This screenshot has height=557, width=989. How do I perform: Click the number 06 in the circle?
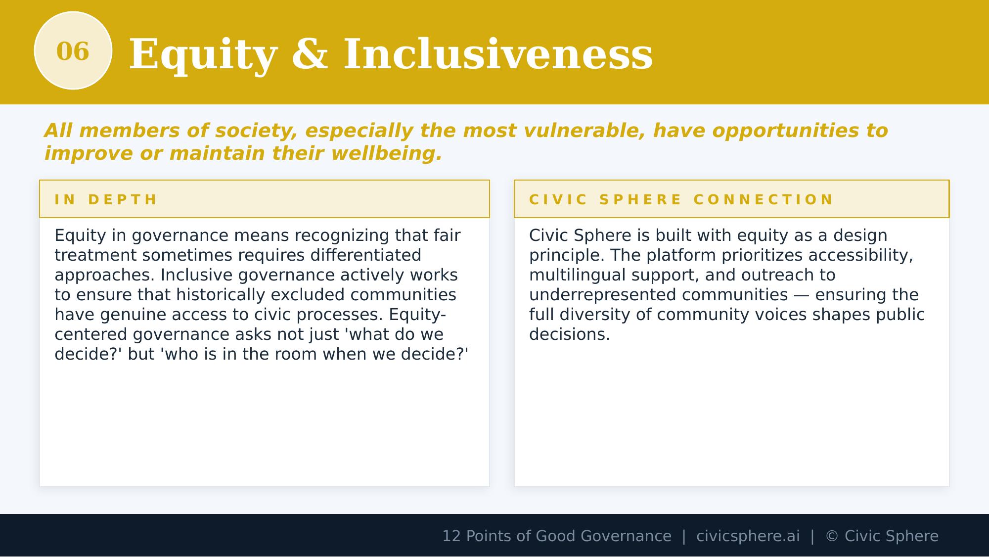pyautogui.click(x=73, y=51)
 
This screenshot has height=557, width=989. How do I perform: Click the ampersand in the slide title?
pyautogui.click(x=310, y=54)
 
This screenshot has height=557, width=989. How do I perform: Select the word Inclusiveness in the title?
pyautogui.click(x=497, y=54)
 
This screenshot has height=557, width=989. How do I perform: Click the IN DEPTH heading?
pyautogui.click(x=106, y=200)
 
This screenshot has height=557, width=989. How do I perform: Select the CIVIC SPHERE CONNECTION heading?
pyautogui.click(x=681, y=200)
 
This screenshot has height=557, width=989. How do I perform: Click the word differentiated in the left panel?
pyautogui.click(x=365, y=256)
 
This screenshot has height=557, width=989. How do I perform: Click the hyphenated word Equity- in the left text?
pyautogui.click(x=417, y=315)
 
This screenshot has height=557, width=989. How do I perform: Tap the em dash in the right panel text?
pyautogui.click(x=801, y=295)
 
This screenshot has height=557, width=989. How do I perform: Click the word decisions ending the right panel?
pyautogui.click(x=569, y=335)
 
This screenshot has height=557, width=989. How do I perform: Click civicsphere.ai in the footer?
pyautogui.click(x=748, y=536)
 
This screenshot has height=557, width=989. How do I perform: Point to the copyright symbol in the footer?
pyautogui.click(x=832, y=536)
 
